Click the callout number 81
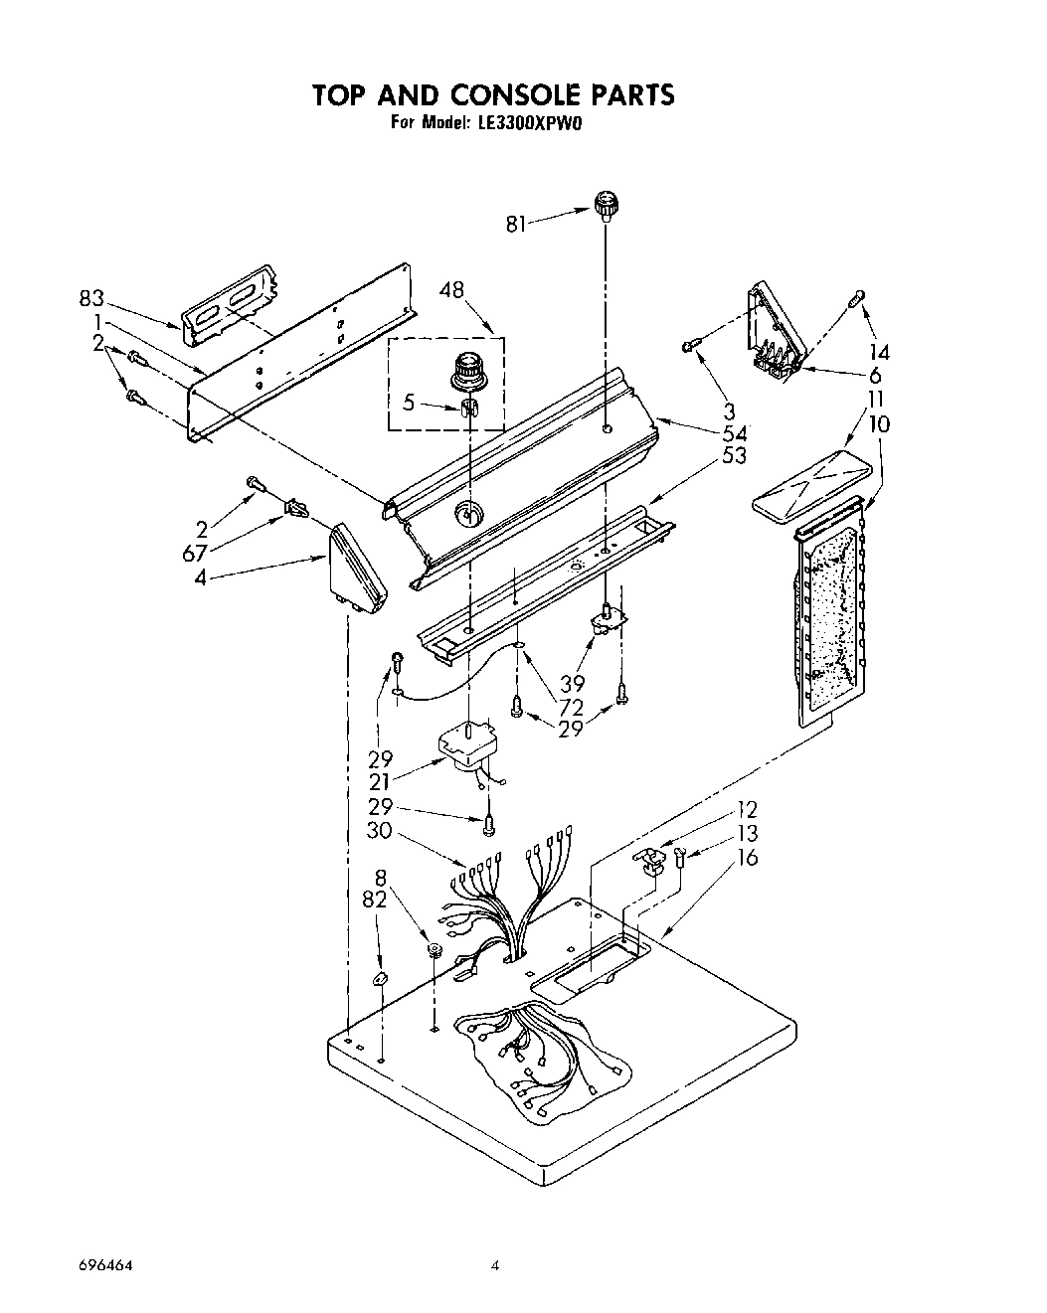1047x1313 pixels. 515,225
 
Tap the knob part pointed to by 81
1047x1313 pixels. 606,207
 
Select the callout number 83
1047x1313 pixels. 91,297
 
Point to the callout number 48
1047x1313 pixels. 451,291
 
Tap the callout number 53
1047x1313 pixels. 734,456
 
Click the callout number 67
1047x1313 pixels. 194,553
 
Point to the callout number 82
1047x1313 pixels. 376,899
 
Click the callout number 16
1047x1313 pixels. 747,857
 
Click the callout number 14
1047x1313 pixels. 876,351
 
